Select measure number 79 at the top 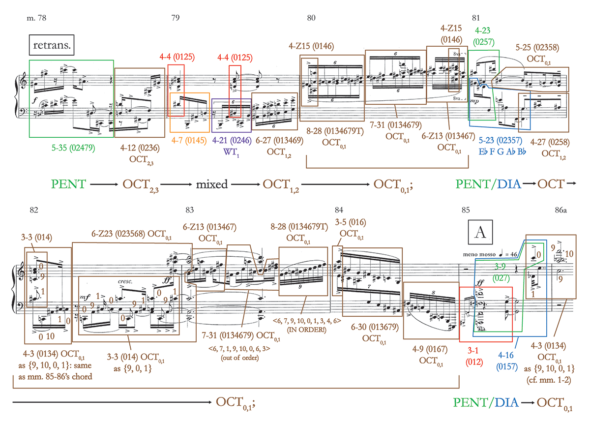click(175, 18)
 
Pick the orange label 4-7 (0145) click(189, 140)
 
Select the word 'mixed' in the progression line click(212, 184)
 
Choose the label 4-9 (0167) click(433, 350)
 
